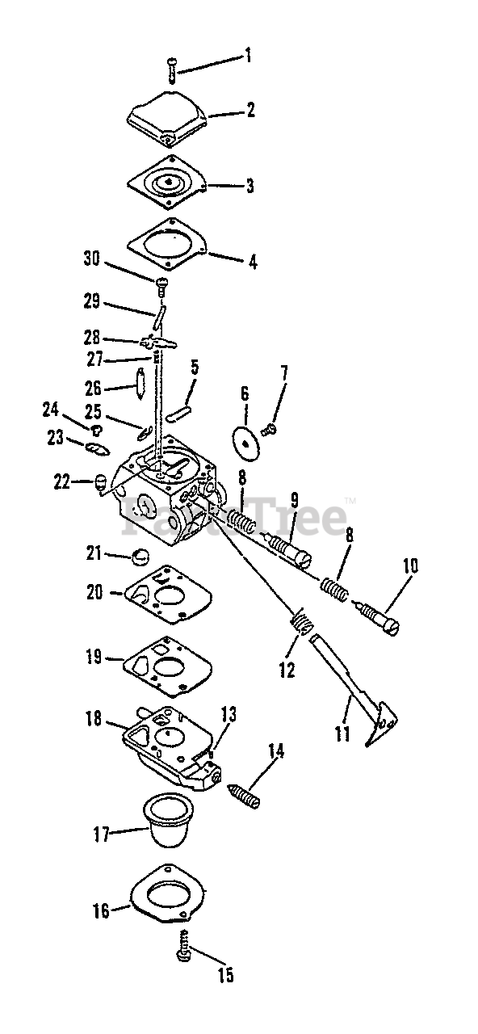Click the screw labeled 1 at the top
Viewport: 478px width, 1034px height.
172,70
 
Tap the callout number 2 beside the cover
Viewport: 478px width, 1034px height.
250,110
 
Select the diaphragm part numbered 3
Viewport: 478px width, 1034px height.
167,182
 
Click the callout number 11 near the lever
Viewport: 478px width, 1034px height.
342,734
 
